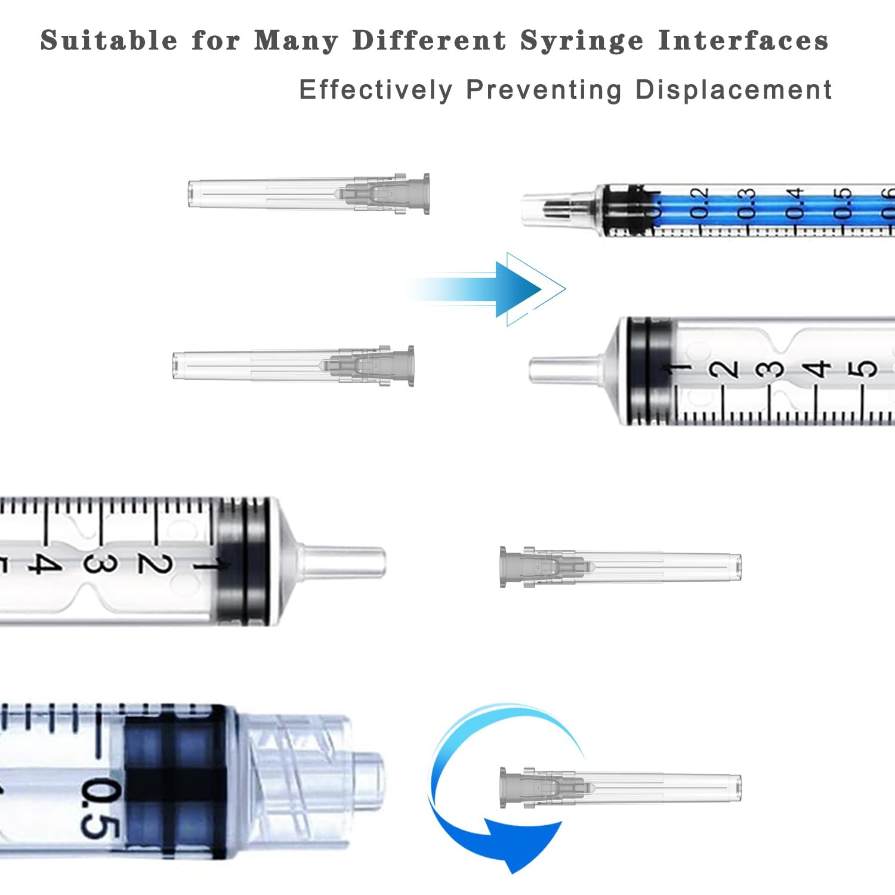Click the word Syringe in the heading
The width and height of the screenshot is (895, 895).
tap(582, 42)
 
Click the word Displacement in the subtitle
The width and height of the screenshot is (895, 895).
tap(733, 90)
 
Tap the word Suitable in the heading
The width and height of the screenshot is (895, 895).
tap(109, 41)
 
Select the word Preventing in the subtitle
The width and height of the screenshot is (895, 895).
tap(544, 90)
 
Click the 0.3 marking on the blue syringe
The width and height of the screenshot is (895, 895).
tap(746, 203)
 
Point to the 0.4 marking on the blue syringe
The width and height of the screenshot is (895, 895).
tap(794, 203)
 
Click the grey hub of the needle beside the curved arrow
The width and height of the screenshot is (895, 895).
tap(531, 788)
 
